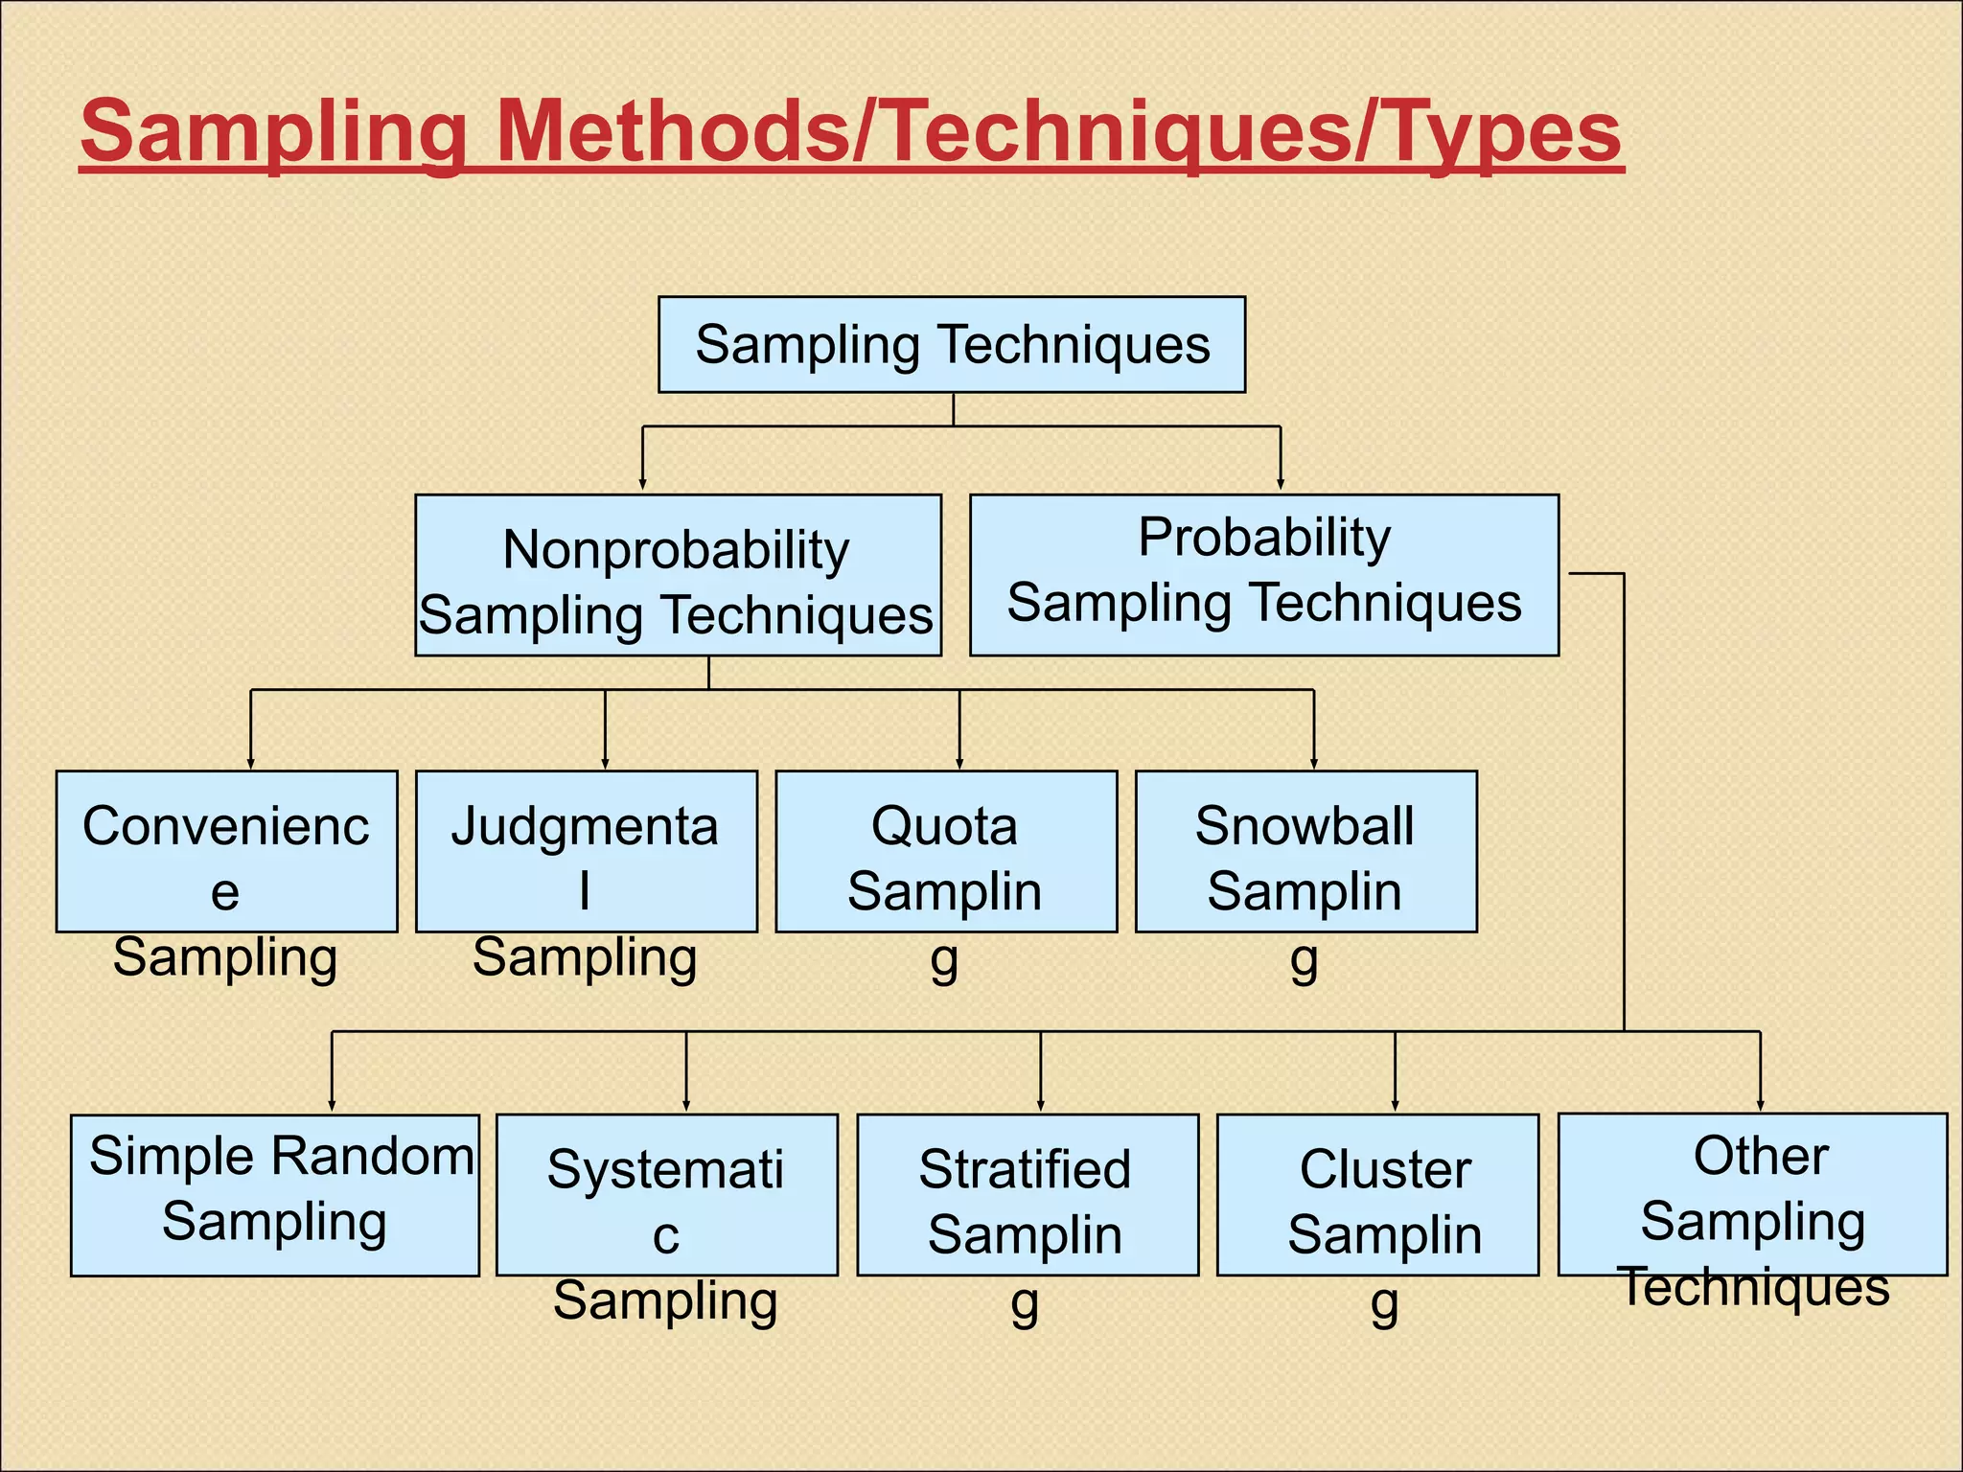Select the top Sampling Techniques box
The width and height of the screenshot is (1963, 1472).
click(951, 345)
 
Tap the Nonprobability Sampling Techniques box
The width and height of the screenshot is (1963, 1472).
click(677, 576)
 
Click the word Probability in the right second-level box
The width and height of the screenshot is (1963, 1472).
click(1263, 537)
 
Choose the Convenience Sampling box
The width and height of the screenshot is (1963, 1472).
click(226, 852)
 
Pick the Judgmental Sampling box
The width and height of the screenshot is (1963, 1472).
click(586, 852)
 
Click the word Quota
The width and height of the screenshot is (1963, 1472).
click(944, 826)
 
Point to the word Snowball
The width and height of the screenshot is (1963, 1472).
click(1304, 826)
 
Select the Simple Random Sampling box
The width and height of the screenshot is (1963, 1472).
click(274, 1194)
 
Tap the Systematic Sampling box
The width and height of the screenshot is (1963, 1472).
click(666, 1194)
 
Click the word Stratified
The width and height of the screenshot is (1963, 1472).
click(1025, 1169)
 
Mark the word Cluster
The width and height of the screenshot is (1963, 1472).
click(1385, 1169)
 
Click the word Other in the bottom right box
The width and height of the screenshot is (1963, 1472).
click(1760, 1156)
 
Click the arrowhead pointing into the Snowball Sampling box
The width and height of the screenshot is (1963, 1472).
click(1313, 764)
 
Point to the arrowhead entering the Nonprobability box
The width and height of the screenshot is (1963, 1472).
click(642, 485)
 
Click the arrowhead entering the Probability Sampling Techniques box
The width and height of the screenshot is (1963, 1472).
click(1281, 485)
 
